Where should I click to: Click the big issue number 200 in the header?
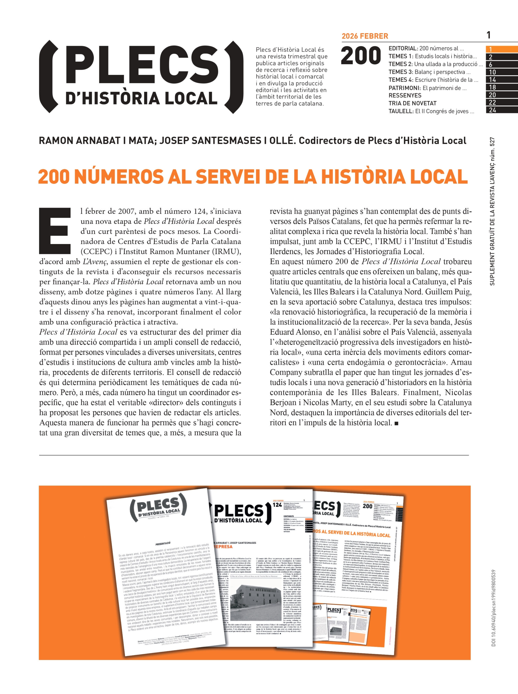coord(361,56)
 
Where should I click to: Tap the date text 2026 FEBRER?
coord(365,36)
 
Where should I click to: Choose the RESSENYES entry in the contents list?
coord(405,95)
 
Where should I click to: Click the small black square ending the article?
coord(397,423)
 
